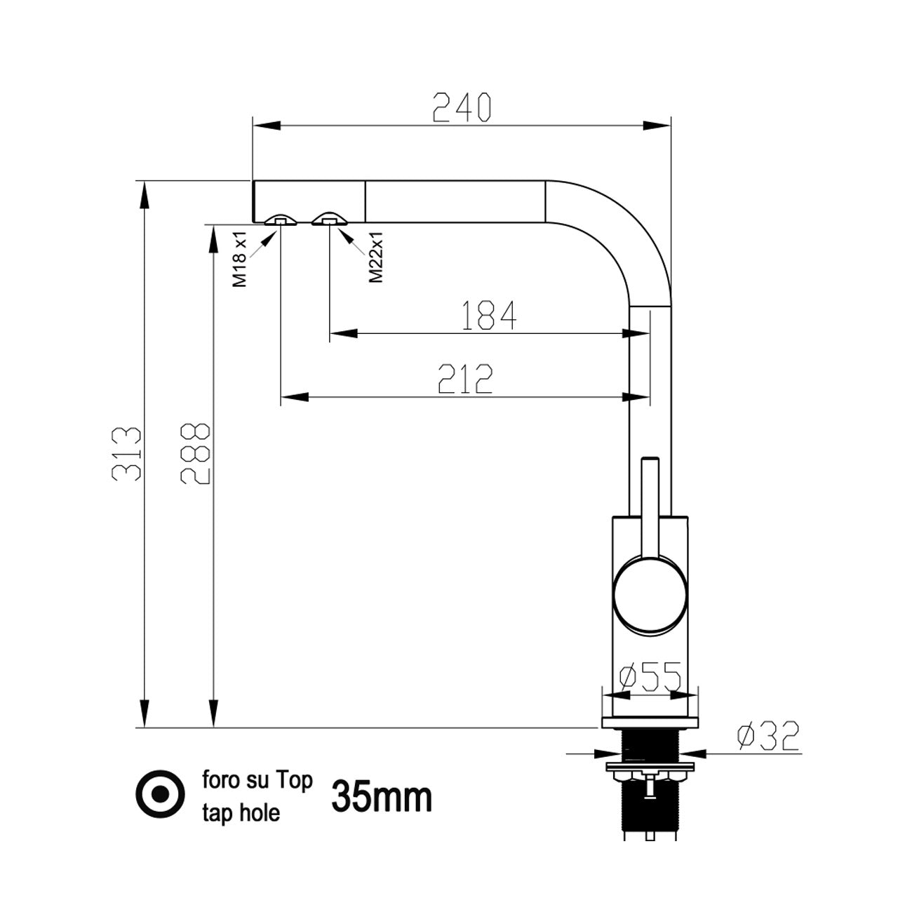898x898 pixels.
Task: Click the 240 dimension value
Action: pyautogui.click(x=462, y=107)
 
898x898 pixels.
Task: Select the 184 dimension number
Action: pyautogui.click(x=489, y=315)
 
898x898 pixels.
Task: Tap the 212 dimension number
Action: pyautogui.click(x=465, y=378)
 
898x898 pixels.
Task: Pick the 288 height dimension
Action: pyautogui.click(x=195, y=454)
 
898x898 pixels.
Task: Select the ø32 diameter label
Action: pyautogui.click(x=768, y=736)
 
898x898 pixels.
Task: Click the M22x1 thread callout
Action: pyautogui.click(x=375, y=257)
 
